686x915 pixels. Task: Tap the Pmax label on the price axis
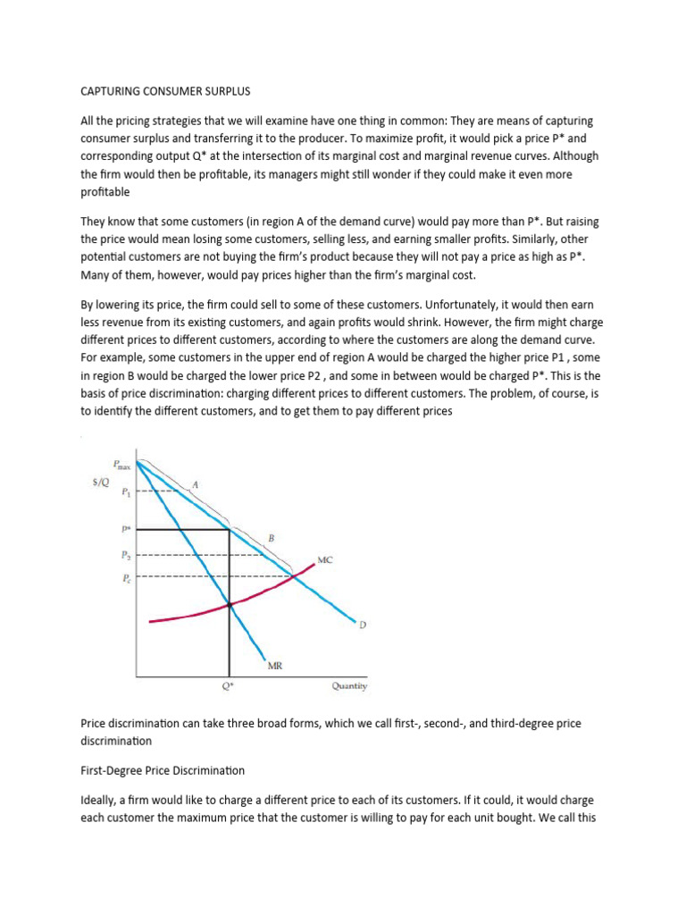click(121, 464)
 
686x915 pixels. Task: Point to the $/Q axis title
click(100, 483)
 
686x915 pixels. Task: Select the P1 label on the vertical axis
click(125, 491)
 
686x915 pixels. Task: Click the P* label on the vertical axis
click(125, 529)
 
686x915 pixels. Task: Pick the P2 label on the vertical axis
click(125, 555)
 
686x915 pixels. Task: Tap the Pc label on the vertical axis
click(125, 577)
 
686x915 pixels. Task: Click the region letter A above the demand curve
click(196, 484)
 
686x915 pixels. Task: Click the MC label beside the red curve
click(326, 560)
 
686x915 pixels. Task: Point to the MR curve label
click(277, 665)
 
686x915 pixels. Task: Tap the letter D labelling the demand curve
click(362, 625)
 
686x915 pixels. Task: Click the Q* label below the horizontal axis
click(229, 686)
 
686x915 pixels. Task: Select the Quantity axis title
click(349, 686)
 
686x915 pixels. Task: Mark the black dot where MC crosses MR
click(230, 605)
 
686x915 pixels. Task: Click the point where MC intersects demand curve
click(296, 577)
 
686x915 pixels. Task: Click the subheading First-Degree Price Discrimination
click(163, 769)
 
